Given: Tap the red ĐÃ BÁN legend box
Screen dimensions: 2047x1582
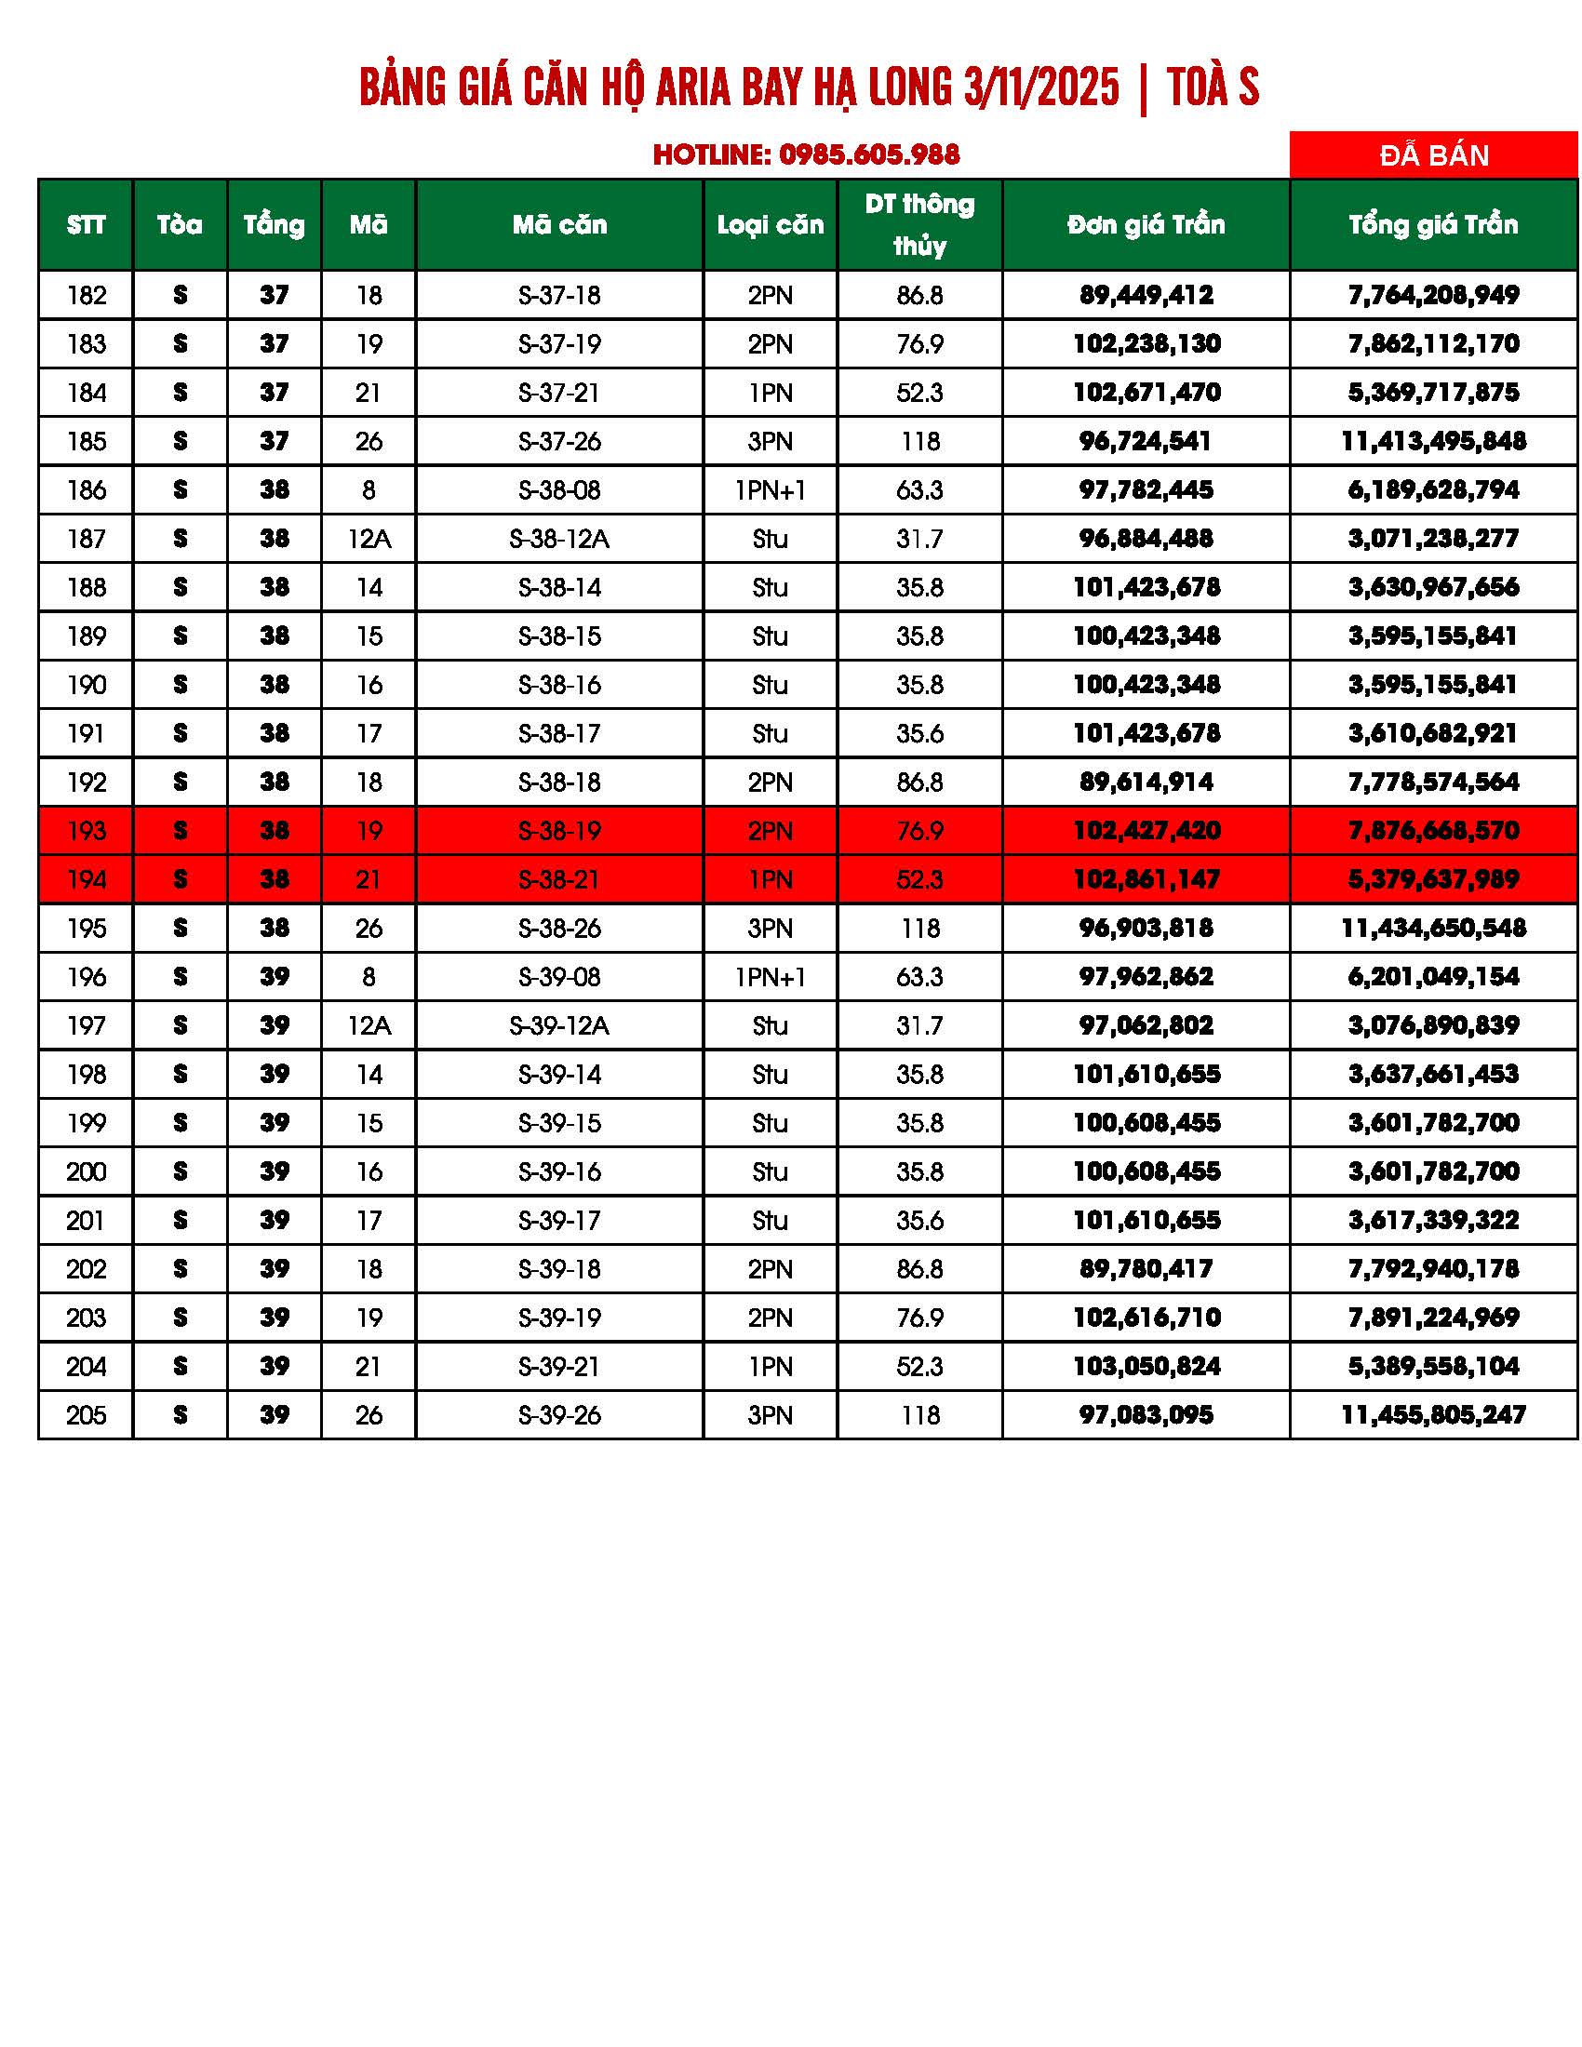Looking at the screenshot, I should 1433,154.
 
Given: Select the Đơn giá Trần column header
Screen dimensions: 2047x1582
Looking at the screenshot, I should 1146,225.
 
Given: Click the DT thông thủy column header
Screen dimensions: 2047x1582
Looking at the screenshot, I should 918,225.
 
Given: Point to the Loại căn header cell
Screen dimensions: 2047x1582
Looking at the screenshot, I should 770,225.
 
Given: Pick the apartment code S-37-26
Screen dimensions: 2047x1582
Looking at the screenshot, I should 559,441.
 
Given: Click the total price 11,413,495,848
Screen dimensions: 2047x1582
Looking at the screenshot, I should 1433,441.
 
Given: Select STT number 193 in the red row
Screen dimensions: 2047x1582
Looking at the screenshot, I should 87,831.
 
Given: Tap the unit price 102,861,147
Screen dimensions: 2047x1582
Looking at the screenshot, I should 1146,880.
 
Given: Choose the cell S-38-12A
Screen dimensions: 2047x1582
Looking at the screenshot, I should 559,539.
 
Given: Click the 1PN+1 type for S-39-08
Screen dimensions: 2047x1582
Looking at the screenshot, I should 770,978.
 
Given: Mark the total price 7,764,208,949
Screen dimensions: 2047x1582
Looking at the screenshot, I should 1433,295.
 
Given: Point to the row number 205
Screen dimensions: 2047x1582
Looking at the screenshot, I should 87,1415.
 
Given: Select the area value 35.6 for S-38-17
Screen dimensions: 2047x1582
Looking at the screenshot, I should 918,734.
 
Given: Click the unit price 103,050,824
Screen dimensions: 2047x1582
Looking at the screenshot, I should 1146,1367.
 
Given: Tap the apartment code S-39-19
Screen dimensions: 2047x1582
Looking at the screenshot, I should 559,1318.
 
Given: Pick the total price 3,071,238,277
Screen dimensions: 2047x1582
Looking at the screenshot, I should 1433,539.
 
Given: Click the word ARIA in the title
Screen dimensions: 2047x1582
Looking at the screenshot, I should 691,88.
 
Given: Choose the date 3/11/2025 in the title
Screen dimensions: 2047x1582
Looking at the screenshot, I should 1041,88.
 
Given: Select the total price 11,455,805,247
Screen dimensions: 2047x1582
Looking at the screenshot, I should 1433,1415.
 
